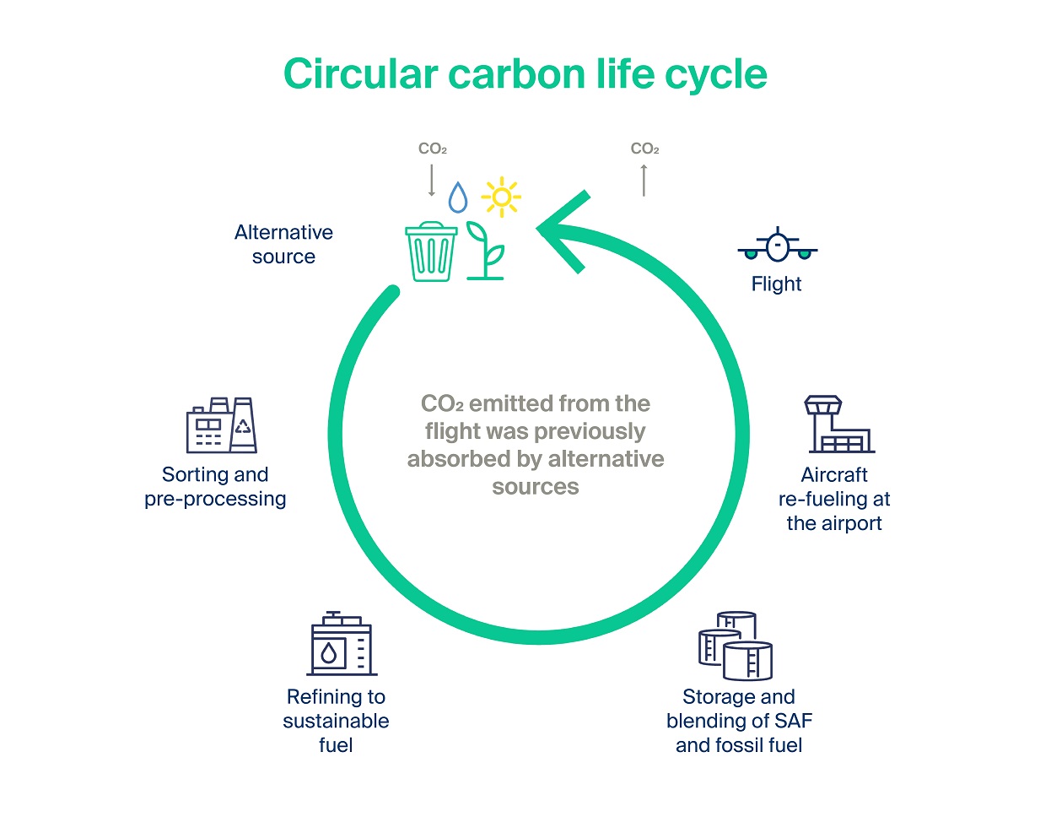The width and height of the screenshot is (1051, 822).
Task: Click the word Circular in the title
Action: (361, 74)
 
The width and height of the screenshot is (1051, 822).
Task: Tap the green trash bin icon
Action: (431, 251)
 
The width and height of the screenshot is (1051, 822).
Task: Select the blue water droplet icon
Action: (457, 197)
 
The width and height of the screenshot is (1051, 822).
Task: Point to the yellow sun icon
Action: (501, 197)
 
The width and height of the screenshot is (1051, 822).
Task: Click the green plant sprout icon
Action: (486, 251)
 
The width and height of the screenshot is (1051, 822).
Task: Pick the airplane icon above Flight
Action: (777, 245)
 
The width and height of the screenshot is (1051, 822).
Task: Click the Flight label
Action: (776, 284)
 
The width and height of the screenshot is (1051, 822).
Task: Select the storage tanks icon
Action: (736, 646)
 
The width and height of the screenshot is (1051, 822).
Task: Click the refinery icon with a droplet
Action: (342, 643)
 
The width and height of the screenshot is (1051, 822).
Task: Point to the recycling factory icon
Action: (222, 425)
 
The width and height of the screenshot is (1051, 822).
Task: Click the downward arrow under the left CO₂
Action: (431, 181)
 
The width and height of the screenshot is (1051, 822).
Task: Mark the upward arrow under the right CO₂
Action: (644, 181)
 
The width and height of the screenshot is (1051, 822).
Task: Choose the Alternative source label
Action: (284, 245)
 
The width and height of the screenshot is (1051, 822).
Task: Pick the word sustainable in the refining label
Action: (337, 721)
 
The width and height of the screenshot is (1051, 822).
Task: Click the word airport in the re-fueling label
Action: (852, 523)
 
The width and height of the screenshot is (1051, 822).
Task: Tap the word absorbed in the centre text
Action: (459, 458)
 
